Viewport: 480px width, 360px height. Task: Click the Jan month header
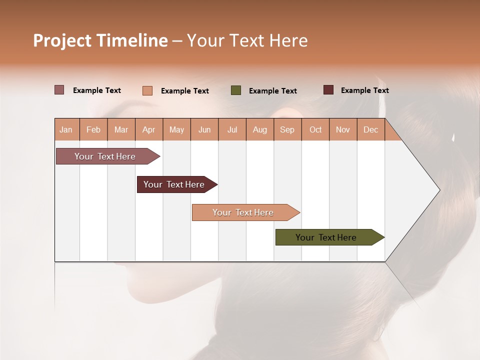[66, 129]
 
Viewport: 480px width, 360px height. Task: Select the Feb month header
[93, 129]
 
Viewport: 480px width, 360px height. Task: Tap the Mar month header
[121, 129]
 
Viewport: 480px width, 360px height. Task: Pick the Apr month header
[149, 129]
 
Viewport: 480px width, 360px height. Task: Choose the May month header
[176, 129]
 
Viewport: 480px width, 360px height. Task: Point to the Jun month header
[204, 129]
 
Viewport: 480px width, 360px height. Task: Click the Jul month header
[232, 129]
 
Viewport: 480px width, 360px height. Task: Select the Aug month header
[260, 129]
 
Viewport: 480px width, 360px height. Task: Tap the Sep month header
[287, 129]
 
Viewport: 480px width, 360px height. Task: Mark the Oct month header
[315, 129]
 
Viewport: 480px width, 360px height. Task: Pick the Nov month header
[343, 129]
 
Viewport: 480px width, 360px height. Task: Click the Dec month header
[371, 129]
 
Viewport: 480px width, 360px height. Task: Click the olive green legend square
[236, 90]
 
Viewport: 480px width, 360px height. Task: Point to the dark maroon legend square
[328, 90]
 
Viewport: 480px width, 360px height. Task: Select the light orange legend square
[147, 90]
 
